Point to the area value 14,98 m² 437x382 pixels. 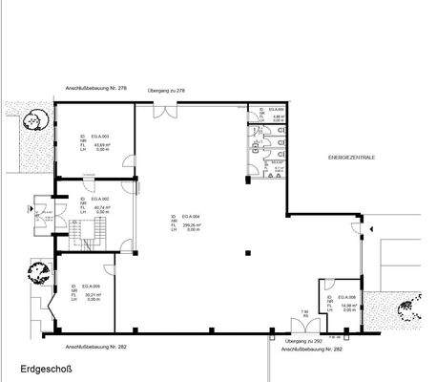(x=345, y=306)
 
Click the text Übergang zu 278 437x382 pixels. (x=166, y=90)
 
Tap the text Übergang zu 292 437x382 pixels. (x=303, y=341)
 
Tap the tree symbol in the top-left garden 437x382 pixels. (x=38, y=120)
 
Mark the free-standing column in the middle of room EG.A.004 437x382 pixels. (x=247, y=253)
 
